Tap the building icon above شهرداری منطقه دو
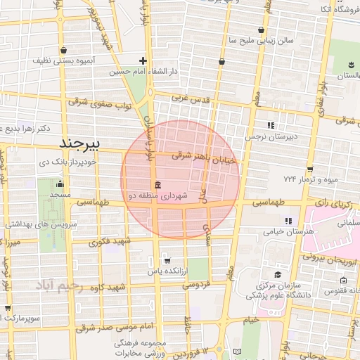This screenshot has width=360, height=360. click(155, 185)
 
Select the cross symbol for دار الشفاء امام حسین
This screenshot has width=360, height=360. click(143, 61)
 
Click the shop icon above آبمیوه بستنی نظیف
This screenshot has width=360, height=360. click(64, 51)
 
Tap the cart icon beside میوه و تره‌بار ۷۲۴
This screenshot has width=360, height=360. click(309, 169)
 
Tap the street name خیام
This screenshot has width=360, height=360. click(250, 319)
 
